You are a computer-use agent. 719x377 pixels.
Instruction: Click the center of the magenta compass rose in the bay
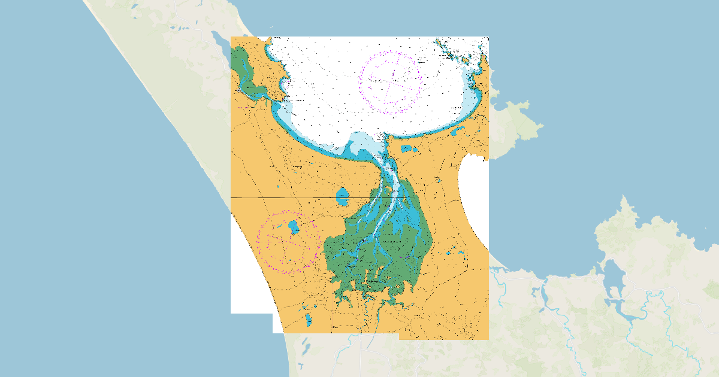click(x=391, y=83)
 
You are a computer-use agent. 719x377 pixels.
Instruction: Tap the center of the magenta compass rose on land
click(x=288, y=241)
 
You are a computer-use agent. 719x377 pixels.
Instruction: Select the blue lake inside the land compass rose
click(x=294, y=227)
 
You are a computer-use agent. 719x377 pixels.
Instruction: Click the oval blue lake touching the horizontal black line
click(x=342, y=196)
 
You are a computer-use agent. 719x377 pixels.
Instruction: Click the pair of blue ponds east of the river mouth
click(x=407, y=148)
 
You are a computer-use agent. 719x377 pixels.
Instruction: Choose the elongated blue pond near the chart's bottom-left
click(x=309, y=320)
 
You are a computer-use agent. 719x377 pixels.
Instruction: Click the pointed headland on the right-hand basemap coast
click(x=626, y=206)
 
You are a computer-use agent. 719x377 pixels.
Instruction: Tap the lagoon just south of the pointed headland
click(x=612, y=281)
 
